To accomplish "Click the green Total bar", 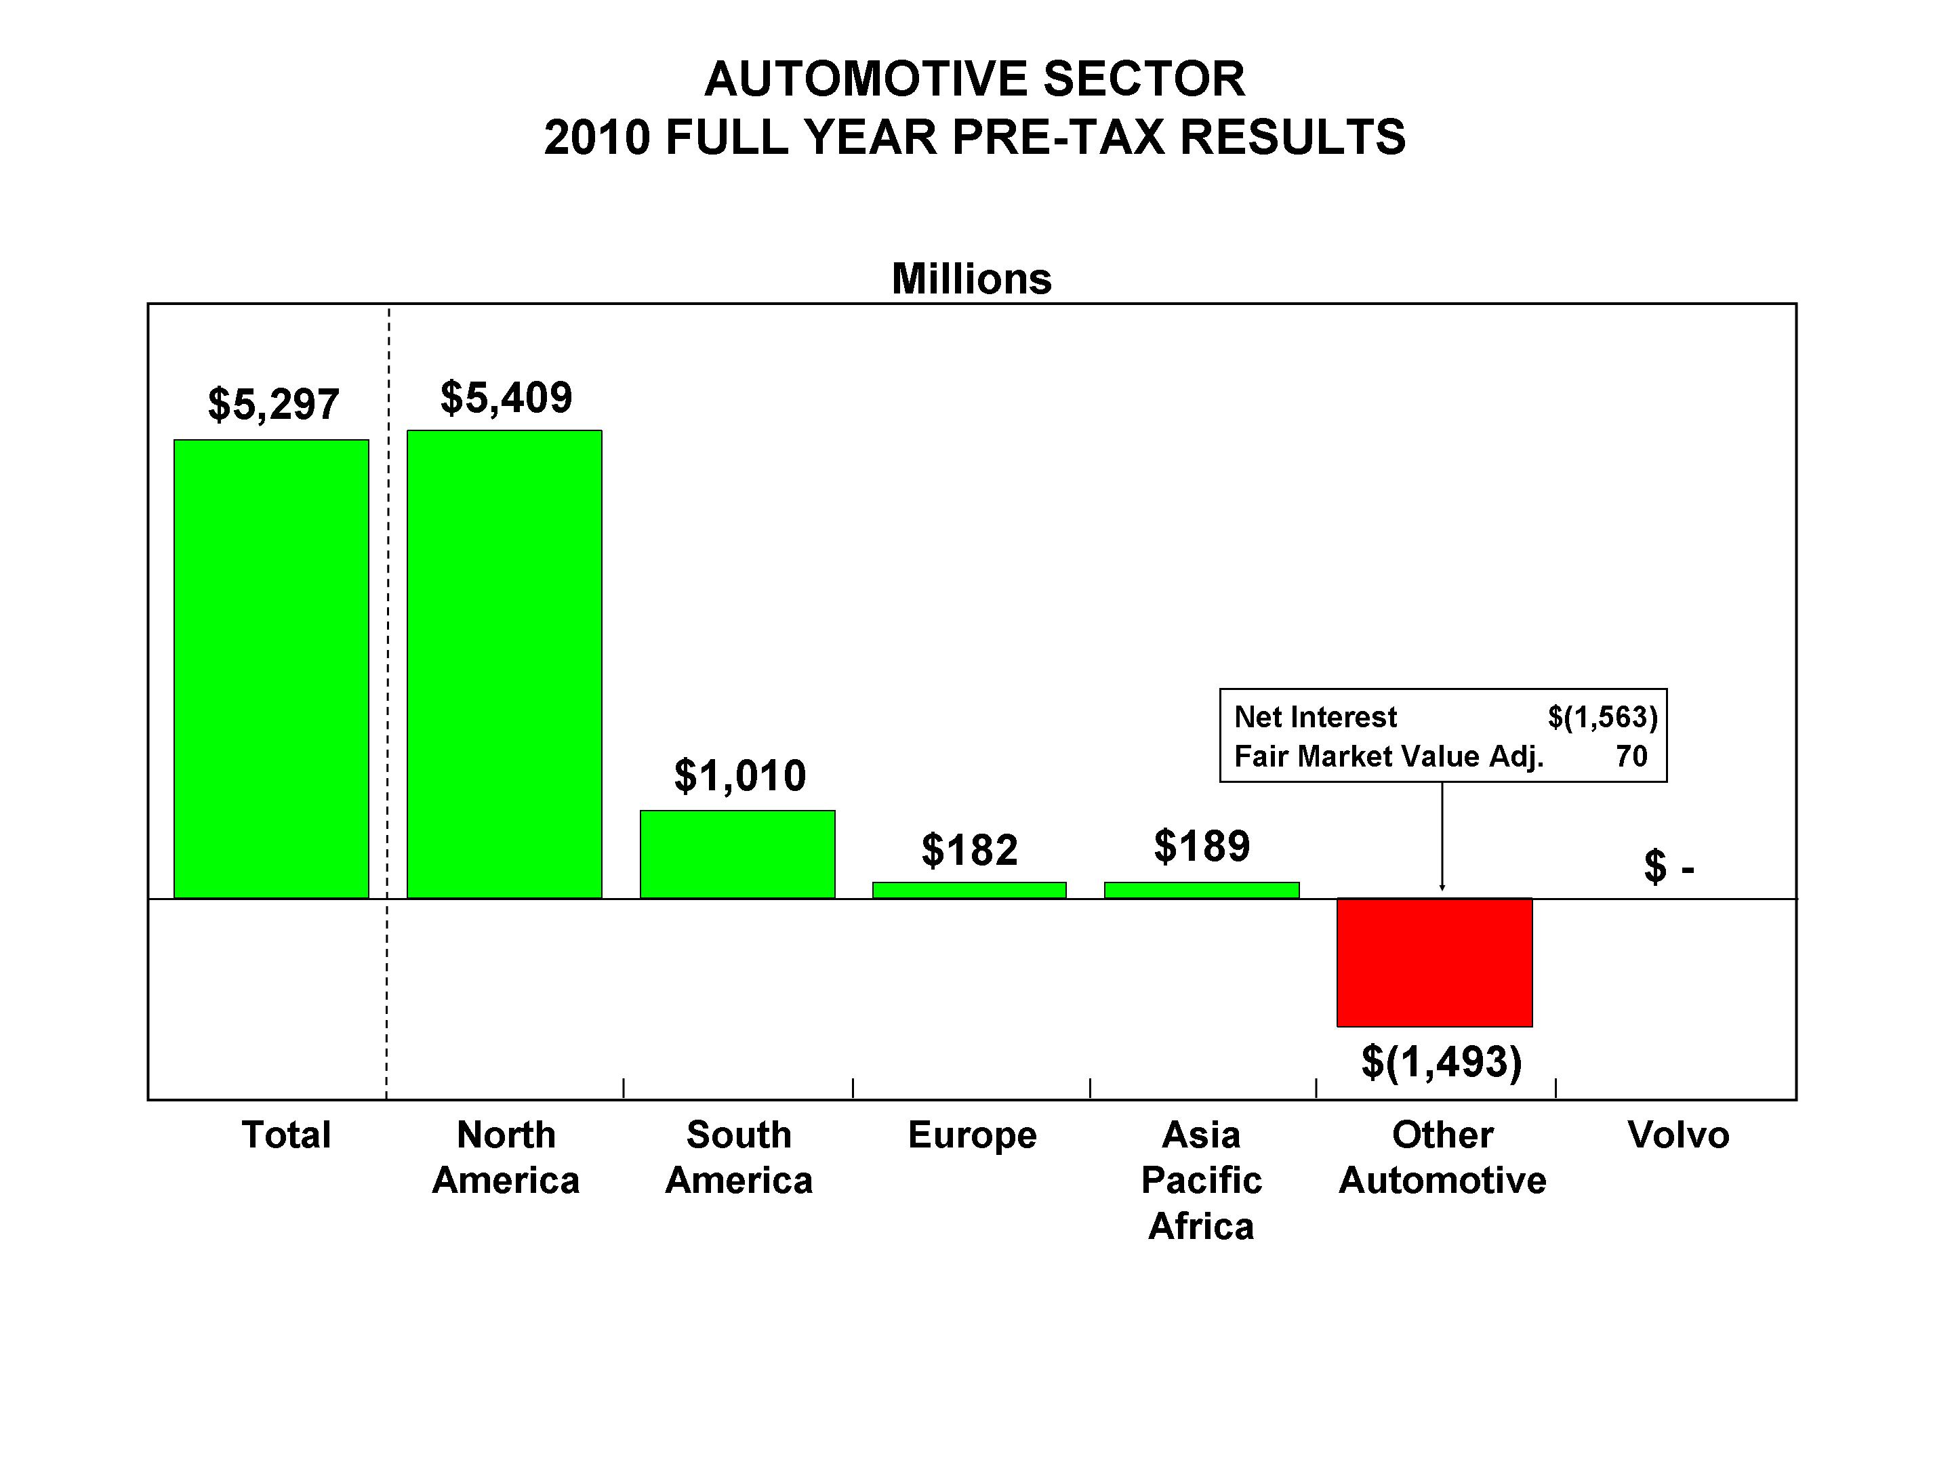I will [271, 669].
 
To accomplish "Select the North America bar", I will [504, 664].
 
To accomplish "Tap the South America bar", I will [737, 854].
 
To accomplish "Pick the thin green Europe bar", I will [969, 891].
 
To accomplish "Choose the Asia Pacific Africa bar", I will [1201, 891].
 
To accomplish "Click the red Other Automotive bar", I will [1434, 962].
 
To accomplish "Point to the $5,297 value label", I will [274, 404].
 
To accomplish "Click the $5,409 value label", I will [506, 397].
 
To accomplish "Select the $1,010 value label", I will [739, 775].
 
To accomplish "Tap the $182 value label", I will [969, 850].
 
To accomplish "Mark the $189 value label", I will [1202, 847].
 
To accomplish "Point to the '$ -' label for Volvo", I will [1669, 867].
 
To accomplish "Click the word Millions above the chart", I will [971, 279].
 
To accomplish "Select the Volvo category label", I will [1677, 1135].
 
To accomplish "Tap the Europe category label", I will [971, 1135].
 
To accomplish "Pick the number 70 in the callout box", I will [1631, 756].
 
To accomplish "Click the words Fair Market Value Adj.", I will [1388, 756].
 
